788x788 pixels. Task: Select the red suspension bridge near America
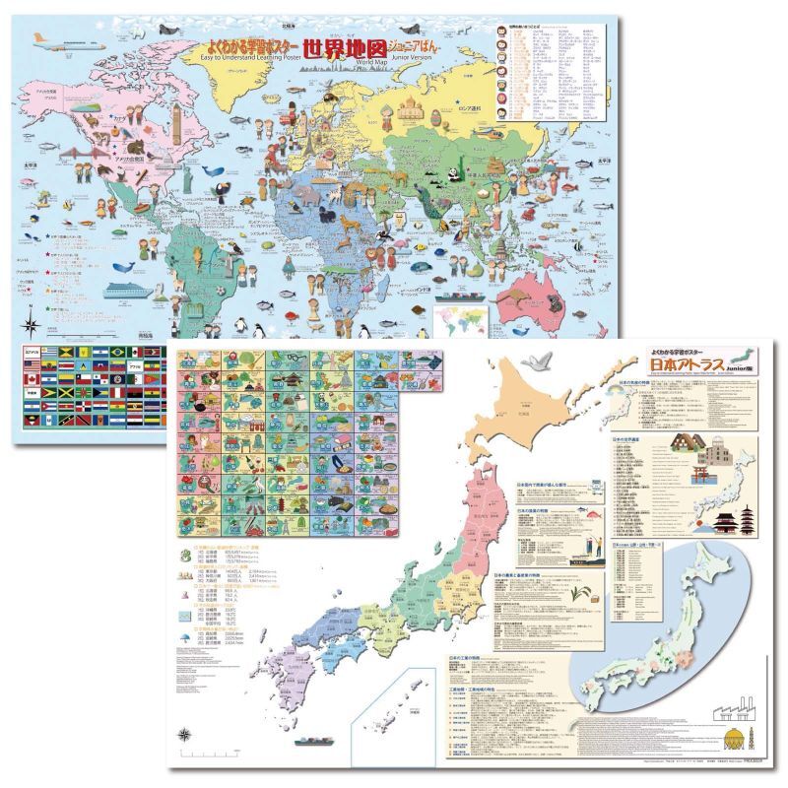74,154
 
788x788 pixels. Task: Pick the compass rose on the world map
33,324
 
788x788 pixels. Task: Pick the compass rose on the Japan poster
185,733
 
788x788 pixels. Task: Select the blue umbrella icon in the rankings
185,637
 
